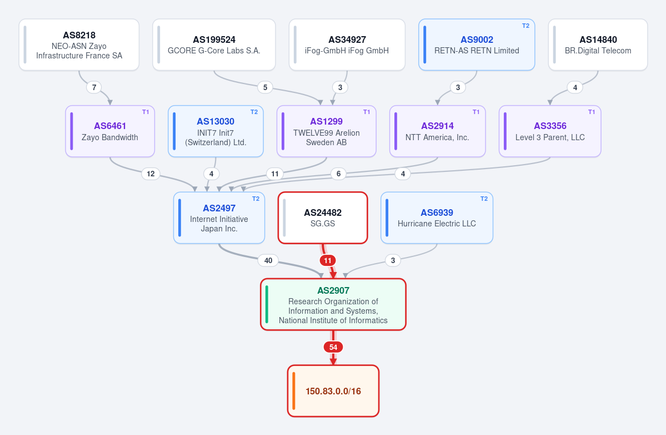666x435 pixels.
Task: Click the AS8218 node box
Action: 79,45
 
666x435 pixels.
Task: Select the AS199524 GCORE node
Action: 214,45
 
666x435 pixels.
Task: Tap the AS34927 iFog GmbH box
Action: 347,45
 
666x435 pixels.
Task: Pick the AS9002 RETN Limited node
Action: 477,45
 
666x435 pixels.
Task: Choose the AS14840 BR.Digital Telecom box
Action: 598,45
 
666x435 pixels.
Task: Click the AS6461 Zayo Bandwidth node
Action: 110,131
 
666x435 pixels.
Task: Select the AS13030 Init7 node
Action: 216,131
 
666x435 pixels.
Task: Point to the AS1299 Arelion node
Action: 326,131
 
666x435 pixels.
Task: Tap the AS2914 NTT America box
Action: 438,131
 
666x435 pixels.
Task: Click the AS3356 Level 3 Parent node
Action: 550,131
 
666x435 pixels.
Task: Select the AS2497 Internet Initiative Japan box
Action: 219,217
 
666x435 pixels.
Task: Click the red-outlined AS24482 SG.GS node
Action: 323,217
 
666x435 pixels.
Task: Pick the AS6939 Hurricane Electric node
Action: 437,217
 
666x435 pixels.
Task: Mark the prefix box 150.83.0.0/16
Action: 333,391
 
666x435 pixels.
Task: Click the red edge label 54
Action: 333,347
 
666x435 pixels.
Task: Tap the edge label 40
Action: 268,260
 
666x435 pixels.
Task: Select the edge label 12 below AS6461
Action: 151,174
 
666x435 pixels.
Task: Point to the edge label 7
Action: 94,87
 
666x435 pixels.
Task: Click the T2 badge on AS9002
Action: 525,26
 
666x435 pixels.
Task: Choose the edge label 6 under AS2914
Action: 338,174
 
